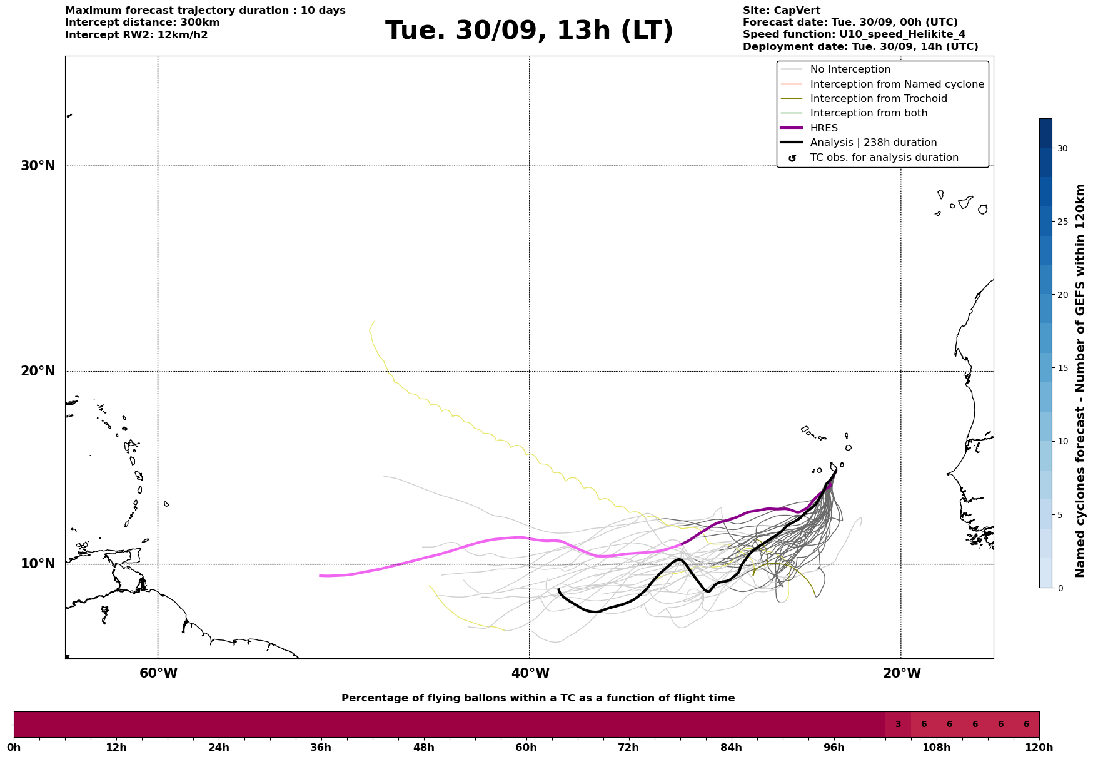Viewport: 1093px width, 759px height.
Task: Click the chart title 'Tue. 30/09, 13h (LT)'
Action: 529,31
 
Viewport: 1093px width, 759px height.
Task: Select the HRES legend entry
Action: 824,128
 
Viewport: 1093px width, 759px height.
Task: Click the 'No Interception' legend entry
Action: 850,69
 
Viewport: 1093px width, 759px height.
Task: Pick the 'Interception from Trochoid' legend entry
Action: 878,99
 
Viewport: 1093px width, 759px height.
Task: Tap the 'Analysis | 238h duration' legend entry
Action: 873,143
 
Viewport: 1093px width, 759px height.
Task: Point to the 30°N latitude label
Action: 38,166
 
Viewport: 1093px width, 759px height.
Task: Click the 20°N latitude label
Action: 38,371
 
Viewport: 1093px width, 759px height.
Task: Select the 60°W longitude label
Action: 158,673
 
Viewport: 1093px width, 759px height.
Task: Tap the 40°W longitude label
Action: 530,673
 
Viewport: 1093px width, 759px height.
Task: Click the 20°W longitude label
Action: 902,673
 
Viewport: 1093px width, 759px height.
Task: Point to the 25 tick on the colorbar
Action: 1062,222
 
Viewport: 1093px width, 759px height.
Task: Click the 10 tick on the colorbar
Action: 1062,441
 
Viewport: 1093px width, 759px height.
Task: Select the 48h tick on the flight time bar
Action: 423,747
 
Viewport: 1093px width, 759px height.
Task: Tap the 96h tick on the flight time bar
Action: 834,747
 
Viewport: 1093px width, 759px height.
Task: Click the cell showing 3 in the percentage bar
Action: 898,725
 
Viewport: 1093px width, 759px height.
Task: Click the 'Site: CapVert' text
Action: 781,11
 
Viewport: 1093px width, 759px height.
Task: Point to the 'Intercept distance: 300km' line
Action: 142,23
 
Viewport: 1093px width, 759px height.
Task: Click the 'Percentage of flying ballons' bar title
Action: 538,698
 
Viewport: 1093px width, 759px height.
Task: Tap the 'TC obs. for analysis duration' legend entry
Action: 884,158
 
